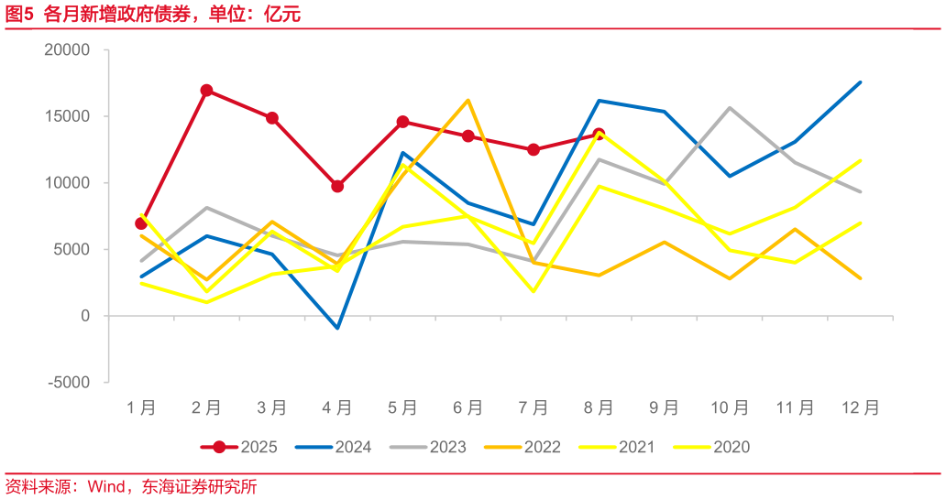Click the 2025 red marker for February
pos(206,91)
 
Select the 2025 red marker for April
pos(337,186)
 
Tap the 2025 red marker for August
pos(599,135)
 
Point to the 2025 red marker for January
pos(141,223)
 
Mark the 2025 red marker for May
pos(402,122)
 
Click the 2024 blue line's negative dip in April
pos(337,328)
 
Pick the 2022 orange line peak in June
pos(467,101)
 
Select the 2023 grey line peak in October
pos(730,108)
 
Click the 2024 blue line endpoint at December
pos(860,82)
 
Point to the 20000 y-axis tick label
pos(67,50)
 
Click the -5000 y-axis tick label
pos(69,382)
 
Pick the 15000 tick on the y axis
pos(67,116)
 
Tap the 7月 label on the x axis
pos(533,407)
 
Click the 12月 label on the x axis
pos(860,407)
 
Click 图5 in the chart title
pos(19,15)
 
